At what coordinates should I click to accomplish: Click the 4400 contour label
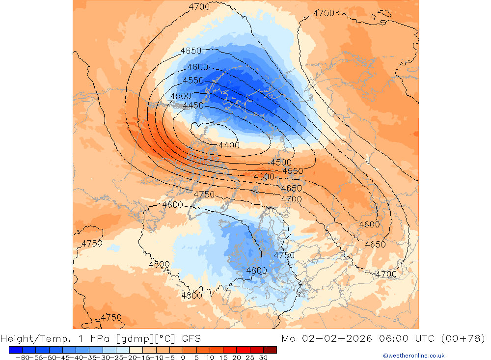click(x=229, y=145)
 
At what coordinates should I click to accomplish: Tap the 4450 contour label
click(x=193, y=106)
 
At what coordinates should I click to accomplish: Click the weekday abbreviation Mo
click(x=289, y=338)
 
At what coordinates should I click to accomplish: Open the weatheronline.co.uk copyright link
click(x=413, y=356)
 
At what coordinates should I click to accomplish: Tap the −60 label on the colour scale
click(x=21, y=358)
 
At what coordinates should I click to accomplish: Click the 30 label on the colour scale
click(x=263, y=358)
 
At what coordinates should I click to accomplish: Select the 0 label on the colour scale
click(x=183, y=358)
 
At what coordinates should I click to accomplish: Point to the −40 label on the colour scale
click(x=75, y=358)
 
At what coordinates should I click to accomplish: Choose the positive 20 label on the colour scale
click(x=237, y=358)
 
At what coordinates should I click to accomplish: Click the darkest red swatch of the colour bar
click(x=270, y=350)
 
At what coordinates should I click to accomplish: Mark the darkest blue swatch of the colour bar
click(x=15, y=350)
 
